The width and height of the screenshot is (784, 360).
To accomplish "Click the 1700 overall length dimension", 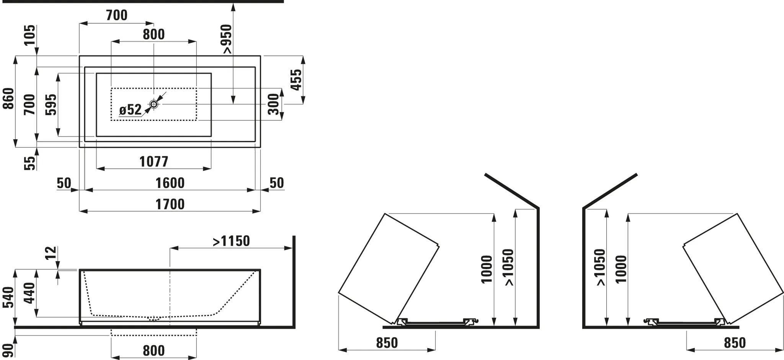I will (x=170, y=204).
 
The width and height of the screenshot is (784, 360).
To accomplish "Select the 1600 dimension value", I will (x=170, y=183).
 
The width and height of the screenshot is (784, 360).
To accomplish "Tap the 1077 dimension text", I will (x=154, y=162).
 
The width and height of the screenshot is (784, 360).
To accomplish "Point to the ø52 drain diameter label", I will (x=130, y=110).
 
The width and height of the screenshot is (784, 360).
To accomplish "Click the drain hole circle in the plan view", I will (x=154, y=104).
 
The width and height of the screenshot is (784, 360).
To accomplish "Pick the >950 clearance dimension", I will (x=226, y=39).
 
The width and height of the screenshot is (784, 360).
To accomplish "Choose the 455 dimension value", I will (x=296, y=80).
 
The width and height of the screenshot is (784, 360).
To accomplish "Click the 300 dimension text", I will (x=274, y=104).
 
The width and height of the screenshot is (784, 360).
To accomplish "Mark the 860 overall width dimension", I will (x=8, y=98).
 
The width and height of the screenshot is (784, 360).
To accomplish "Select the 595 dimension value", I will (x=51, y=104).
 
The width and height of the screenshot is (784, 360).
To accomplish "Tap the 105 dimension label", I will (x=30, y=35).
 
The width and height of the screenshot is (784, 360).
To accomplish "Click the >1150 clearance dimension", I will (x=231, y=241).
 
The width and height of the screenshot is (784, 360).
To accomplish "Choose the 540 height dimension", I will (x=8, y=297).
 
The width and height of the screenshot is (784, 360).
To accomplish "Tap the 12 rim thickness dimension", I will (x=51, y=253).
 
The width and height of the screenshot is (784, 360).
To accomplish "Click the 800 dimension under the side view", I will (x=154, y=350).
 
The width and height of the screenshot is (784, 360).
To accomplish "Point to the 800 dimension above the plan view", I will (x=154, y=34).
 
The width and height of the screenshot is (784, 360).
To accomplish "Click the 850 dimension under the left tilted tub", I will (x=387, y=343).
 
